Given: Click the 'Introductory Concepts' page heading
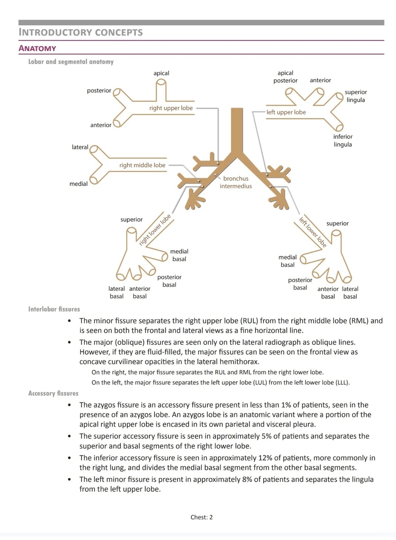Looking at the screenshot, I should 81,32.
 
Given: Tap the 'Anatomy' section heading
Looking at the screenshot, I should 37,48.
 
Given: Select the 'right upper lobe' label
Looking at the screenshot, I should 171,108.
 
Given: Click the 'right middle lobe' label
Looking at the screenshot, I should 142,165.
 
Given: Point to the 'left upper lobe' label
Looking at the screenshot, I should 286,112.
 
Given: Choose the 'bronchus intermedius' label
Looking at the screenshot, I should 236,182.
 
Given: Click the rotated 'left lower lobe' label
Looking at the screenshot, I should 312,232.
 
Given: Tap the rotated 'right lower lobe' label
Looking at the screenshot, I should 155,230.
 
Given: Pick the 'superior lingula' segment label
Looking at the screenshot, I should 356,96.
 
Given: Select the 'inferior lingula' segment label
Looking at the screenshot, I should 343,141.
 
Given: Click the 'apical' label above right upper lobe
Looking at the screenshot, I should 161,73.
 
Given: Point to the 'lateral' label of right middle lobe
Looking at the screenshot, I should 80,147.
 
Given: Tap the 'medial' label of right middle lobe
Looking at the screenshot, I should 78,184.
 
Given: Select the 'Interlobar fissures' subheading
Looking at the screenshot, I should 54,309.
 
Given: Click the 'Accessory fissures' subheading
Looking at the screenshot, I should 53,393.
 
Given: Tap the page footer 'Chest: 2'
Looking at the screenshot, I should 202,517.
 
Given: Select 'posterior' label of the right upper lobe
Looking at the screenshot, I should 99,91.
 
